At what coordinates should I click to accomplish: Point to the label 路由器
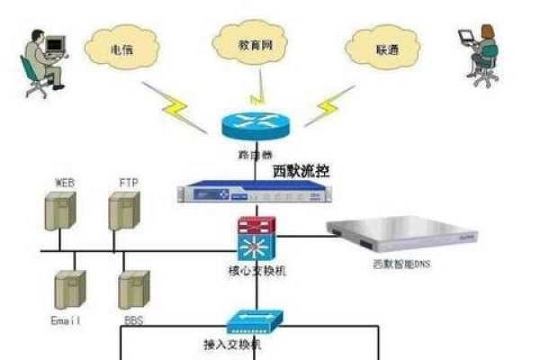(255, 154)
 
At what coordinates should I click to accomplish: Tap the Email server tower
(68, 290)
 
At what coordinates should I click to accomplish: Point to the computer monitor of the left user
(56, 42)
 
